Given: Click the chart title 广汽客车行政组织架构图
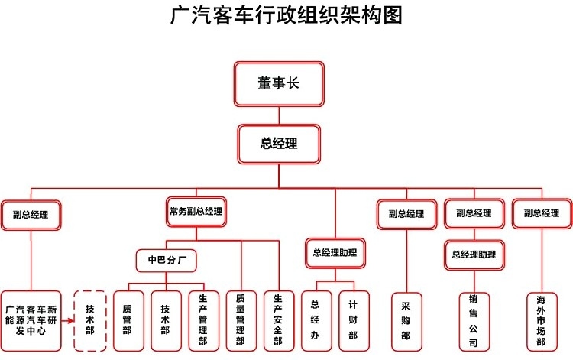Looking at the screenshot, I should point(286,16).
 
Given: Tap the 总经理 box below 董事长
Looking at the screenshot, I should point(279,144).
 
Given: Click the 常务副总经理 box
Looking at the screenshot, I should point(196,211).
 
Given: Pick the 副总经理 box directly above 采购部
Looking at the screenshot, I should point(406,214).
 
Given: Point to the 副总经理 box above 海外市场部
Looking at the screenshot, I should point(542,213).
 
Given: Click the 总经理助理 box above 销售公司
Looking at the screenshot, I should point(474,255).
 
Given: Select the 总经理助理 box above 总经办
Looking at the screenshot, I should point(335,251).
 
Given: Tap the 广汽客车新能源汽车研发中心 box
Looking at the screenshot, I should point(31,320).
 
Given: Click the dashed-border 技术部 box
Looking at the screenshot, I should point(90,320).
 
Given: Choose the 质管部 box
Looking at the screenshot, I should point(128,320).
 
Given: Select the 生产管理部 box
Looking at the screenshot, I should point(203,320).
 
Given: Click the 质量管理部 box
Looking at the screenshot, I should point(241,320).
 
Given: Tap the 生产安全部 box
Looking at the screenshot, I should point(278,320).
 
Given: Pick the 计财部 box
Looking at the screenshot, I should point(353,320).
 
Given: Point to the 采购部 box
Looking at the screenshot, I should point(406,320).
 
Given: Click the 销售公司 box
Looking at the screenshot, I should point(474,320).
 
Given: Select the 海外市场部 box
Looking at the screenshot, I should point(542,320).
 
